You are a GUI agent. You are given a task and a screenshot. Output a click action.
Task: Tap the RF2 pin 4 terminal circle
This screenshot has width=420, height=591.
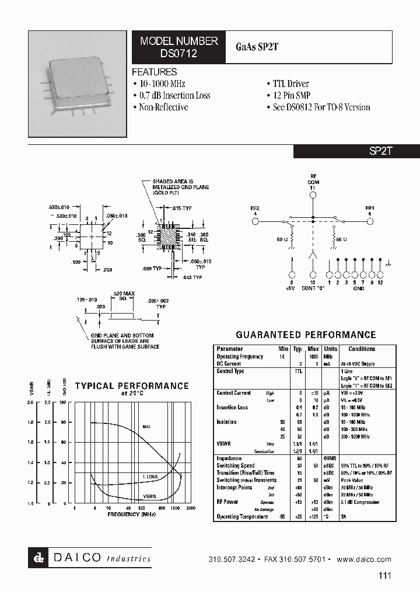click(255, 222)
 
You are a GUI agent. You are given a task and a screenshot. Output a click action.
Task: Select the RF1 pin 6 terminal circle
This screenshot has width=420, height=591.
click(370, 222)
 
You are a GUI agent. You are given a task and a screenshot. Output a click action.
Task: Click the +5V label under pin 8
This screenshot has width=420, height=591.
click(291, 288)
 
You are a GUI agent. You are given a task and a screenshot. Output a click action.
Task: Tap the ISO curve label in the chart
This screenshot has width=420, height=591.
click(146, 427)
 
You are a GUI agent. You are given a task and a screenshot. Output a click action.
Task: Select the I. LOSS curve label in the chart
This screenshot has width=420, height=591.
click(150, 477)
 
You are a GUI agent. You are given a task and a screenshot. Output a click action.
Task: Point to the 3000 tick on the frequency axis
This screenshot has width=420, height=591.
click(191, 509)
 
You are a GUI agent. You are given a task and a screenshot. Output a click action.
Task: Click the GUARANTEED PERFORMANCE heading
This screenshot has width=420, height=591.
click(305, 335)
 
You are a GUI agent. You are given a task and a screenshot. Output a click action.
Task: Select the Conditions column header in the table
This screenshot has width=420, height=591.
click(362, 349)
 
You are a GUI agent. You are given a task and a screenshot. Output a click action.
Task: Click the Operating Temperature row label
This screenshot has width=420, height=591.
click(240, 517)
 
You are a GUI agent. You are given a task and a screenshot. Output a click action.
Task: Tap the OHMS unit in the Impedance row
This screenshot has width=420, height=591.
click(330, 458)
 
